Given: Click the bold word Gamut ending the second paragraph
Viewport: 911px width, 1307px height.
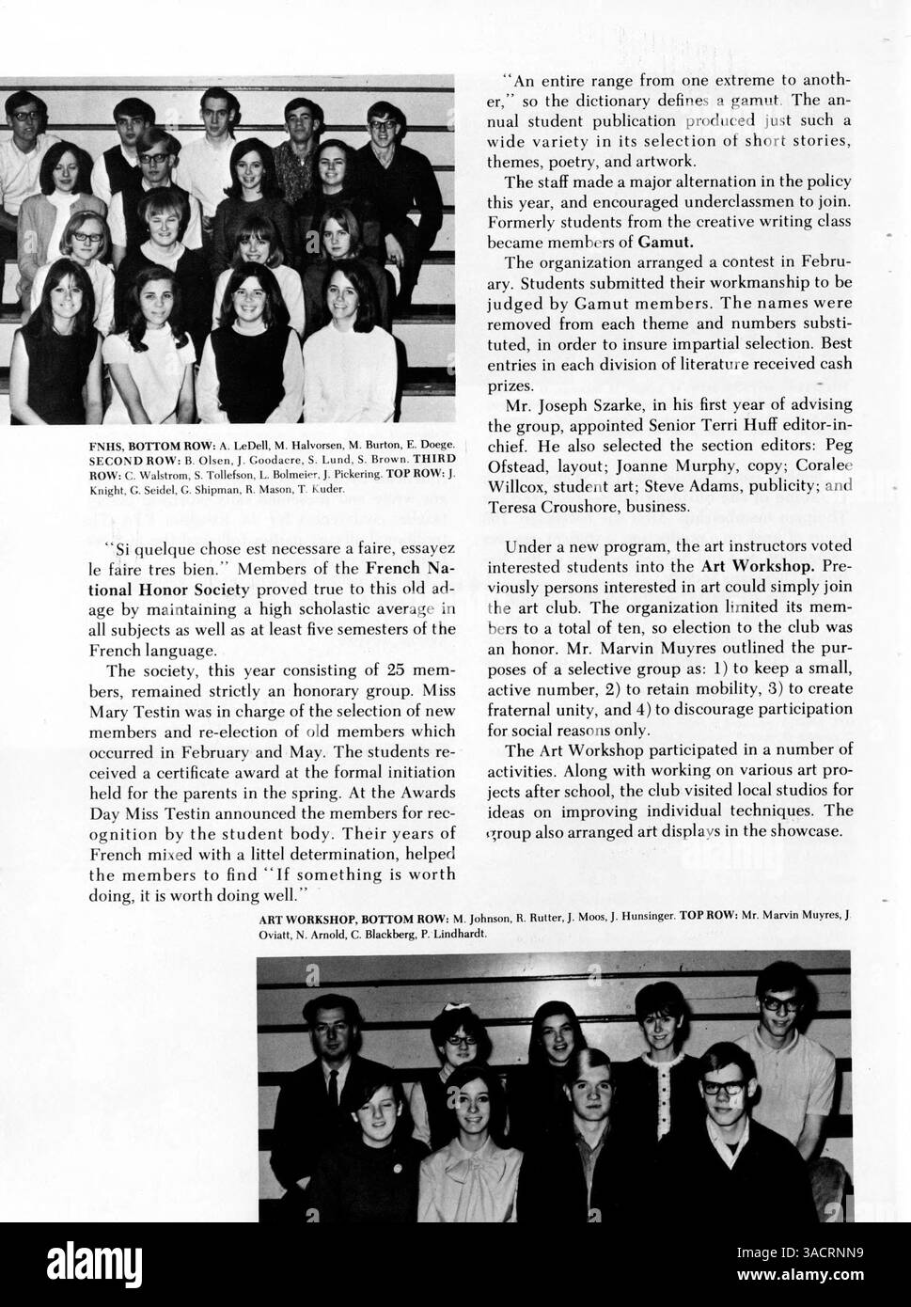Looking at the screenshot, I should point(666,242).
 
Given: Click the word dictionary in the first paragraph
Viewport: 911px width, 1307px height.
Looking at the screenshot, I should point(613,100).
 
